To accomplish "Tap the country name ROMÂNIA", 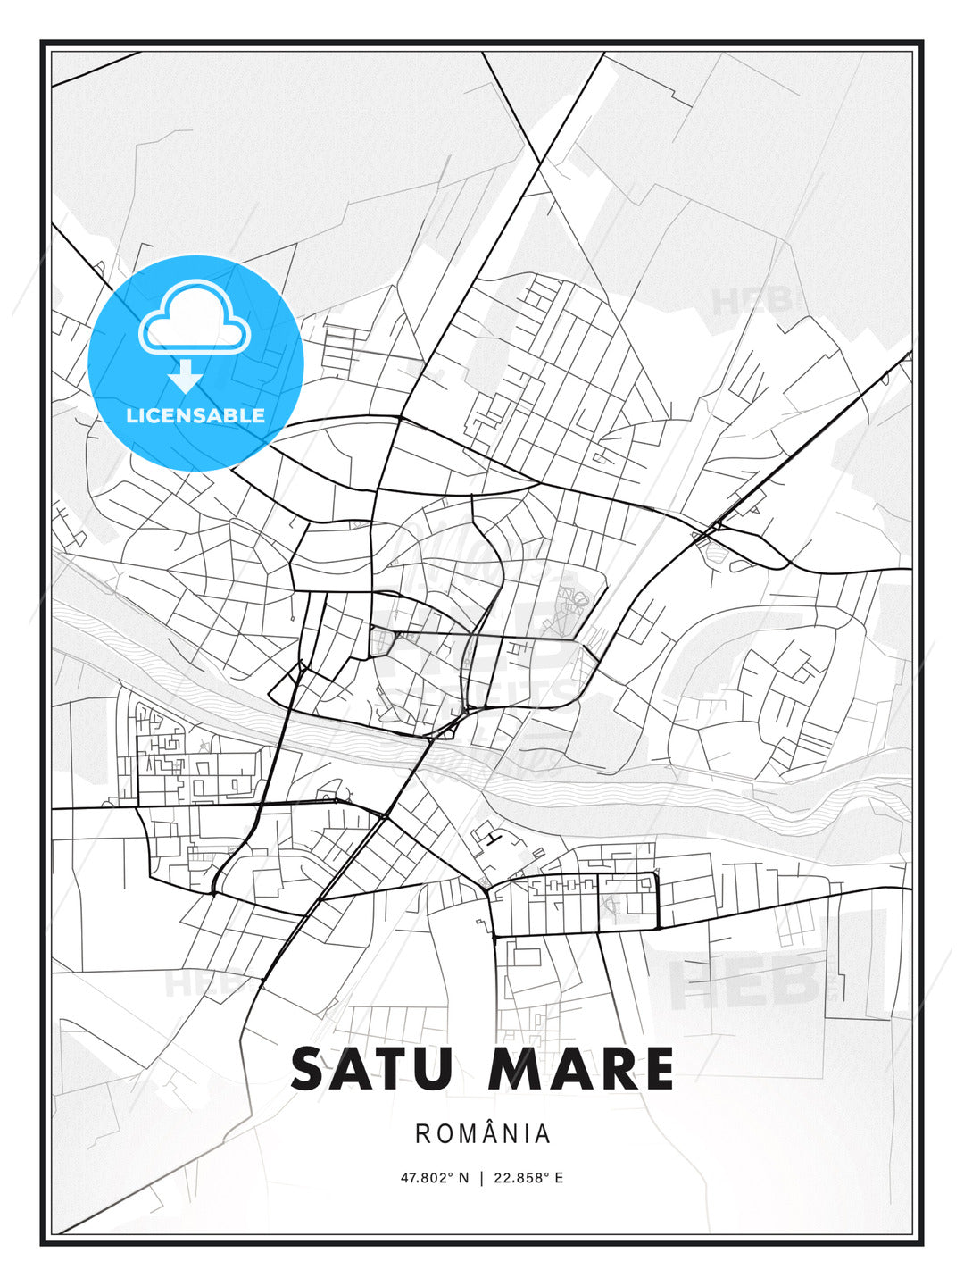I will [x=482, y=1134].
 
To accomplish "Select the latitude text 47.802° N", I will [x=434, y=1178].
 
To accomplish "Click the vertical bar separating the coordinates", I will [x=482, y=1178].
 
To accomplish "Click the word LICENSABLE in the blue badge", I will [x=195, y=415].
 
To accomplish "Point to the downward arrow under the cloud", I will [x=186, y=376].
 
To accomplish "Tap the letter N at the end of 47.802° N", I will [x=463, y=1178].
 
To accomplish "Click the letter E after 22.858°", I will [x=560, y=1178].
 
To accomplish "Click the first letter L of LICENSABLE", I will [x=131, y=415].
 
